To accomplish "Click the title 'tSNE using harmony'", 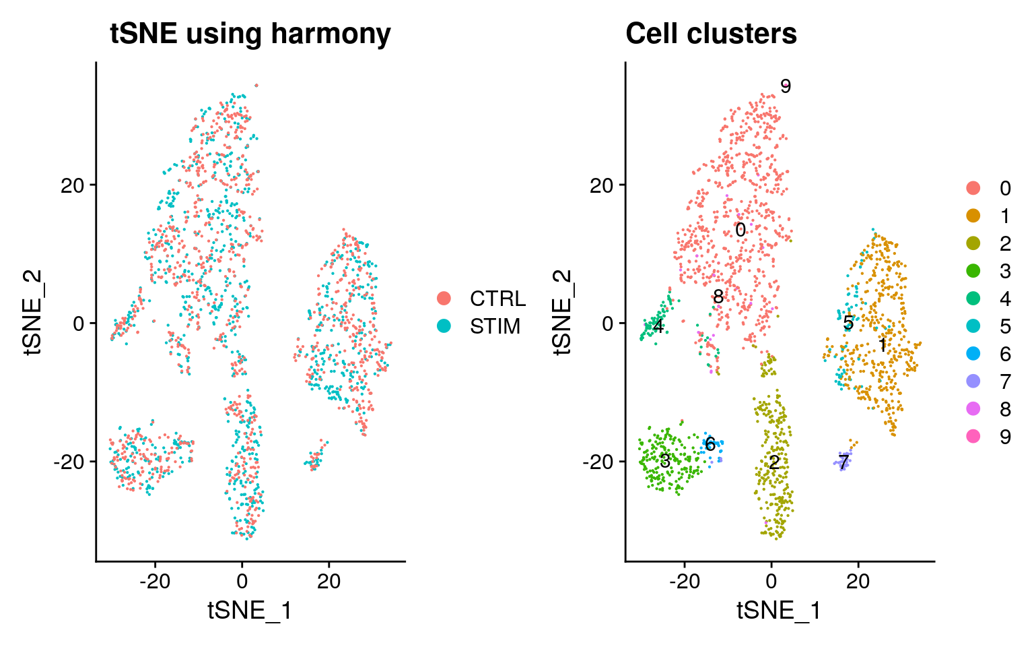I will pyautogui.click(x=250, y=34).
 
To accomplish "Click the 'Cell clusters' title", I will pyautogui.click(x=711, y=34).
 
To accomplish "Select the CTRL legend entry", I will pyautogui.click(x=444, y=299).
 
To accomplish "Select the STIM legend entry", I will pyautogui.click(x=444, y=326).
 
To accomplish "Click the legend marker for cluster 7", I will pyautogui.click(x=973, y=382).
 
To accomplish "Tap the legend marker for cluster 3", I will pyautogui.click(x=973, y=271).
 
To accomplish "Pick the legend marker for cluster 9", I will pyautogui.click(x=973, y=437).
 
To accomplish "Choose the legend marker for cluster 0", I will pyautogui.click(x=973, y=188).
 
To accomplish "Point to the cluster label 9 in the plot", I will pyautogui.click(x=785, y=86).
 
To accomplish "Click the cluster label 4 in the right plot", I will pyautogui.click(x=658, y=328).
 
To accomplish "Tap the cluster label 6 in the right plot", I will pyautogui.click(x=710, y=445).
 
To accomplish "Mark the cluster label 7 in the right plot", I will pyautogui.click(x=843, y=463).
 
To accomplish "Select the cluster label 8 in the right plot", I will pyautogui.click(x=718, y=297).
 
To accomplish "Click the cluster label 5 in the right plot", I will pyautogui.click(x=848, y=323).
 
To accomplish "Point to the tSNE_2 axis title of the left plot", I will pyautogui.click(x=33, y=311).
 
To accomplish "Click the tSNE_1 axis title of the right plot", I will pyautogui.click(x=779, y=611).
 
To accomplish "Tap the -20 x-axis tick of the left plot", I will pyautogui.click(x=155, y=581).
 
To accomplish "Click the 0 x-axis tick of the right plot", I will pyautogui.click(x=771, y=581).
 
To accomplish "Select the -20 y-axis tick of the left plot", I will pyautogui.click(x=70, y=462).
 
